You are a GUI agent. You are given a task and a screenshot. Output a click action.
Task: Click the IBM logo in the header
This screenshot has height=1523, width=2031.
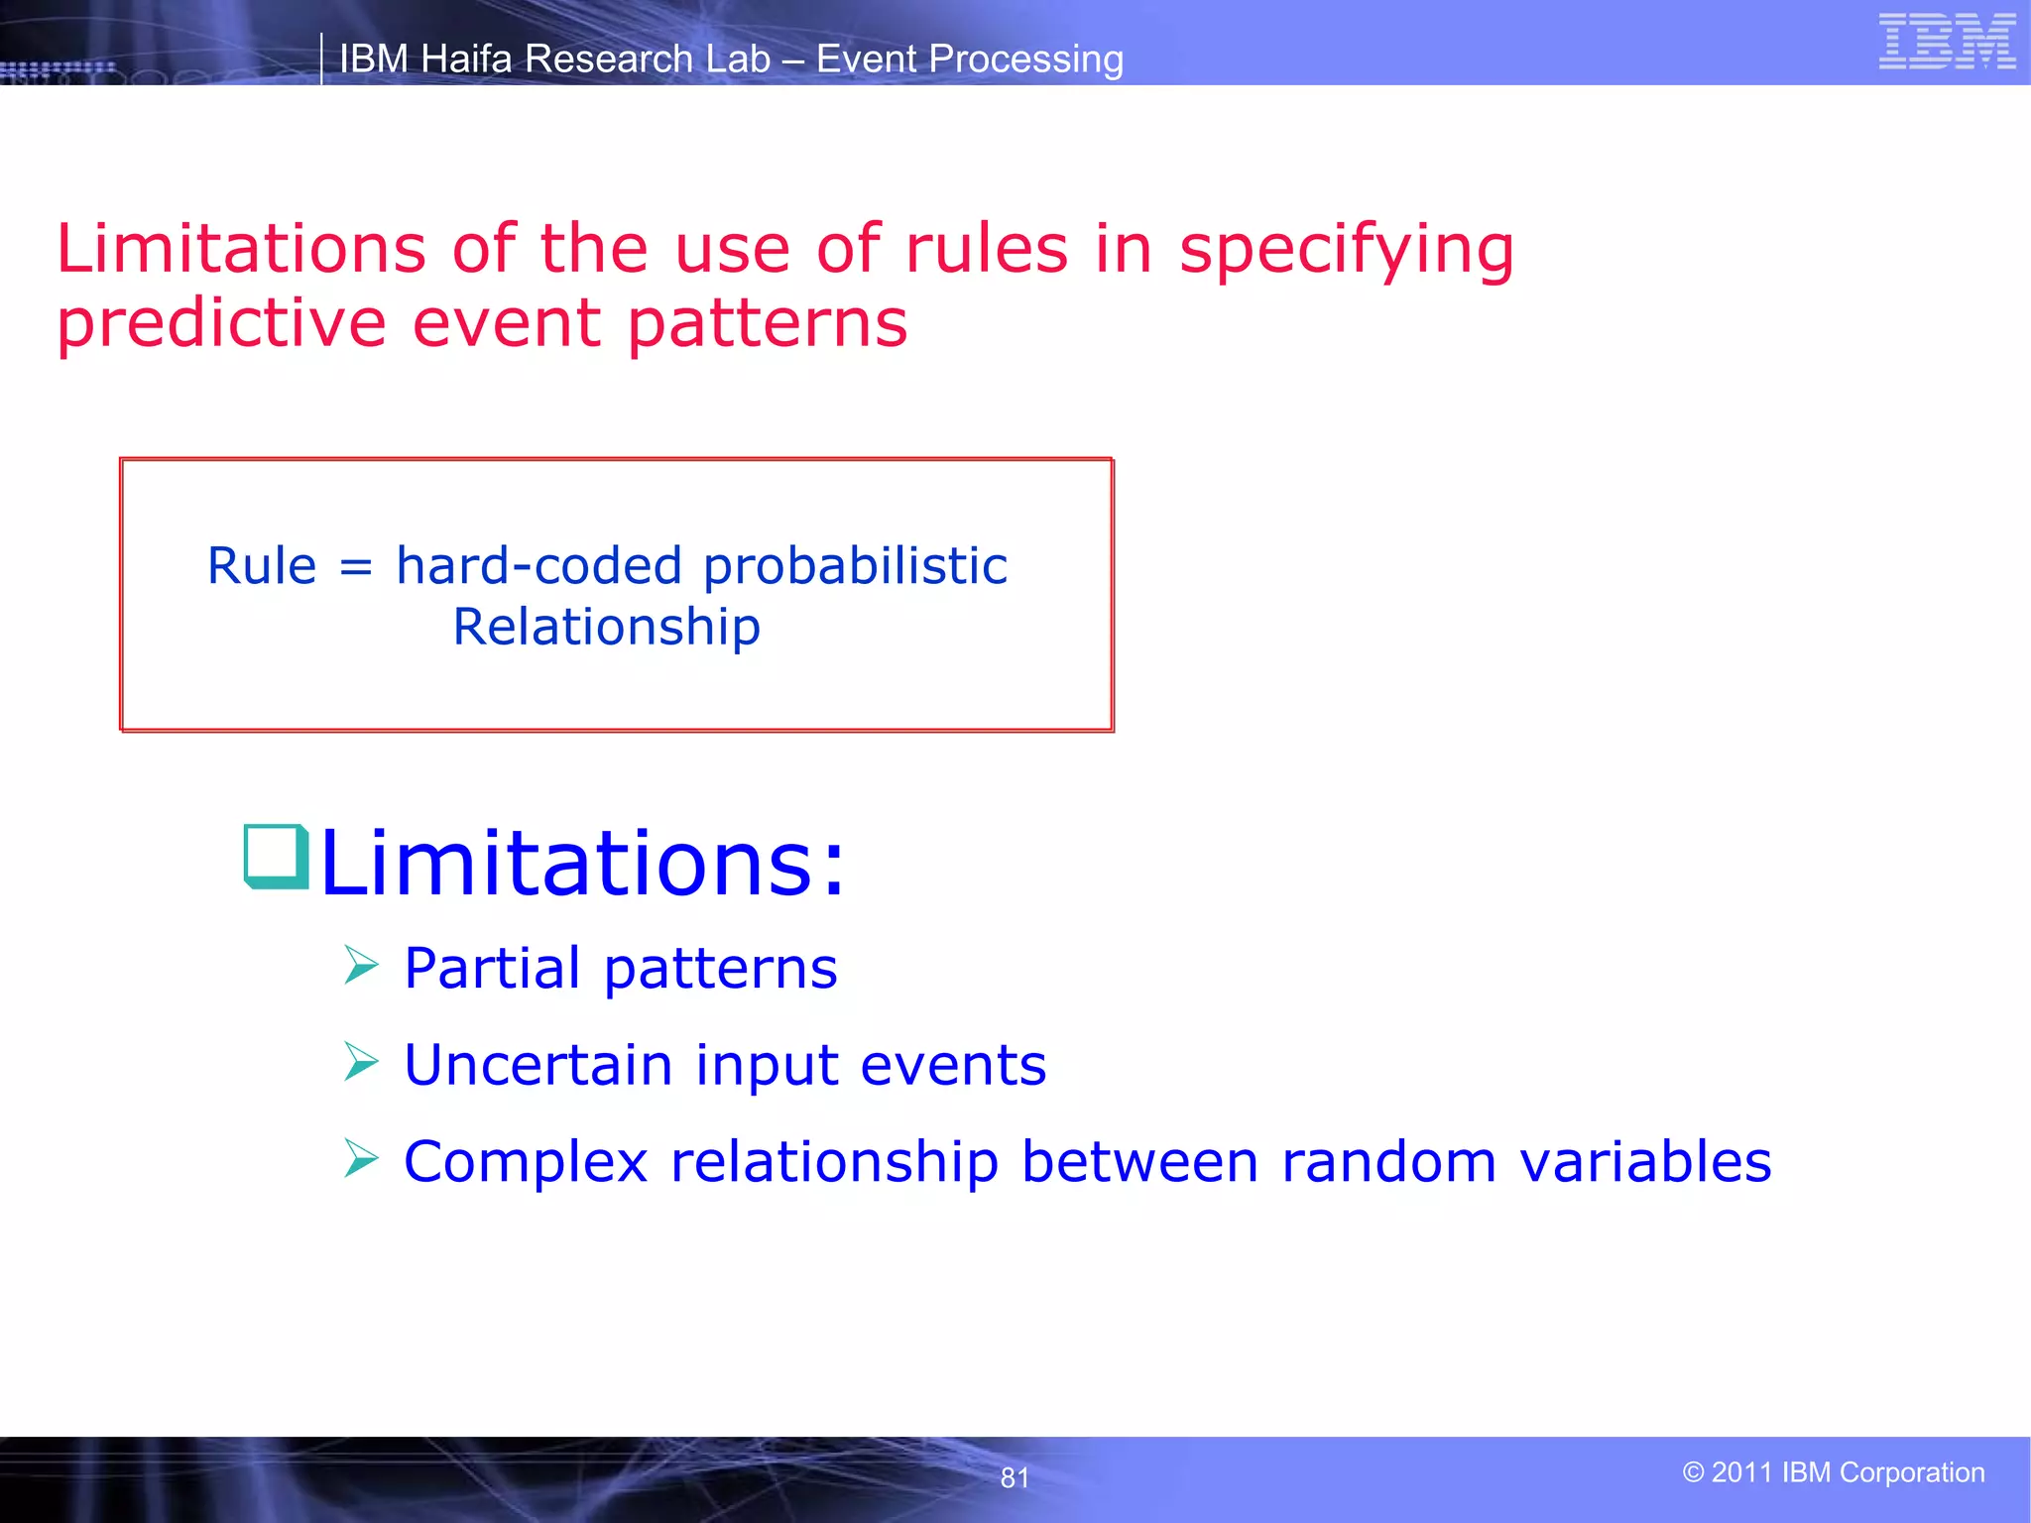(x=1947, y=42)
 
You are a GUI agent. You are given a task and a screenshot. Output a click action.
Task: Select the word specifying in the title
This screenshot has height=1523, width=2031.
(x=1346, y=250)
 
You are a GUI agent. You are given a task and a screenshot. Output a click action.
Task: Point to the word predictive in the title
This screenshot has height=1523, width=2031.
(x=220, y=324)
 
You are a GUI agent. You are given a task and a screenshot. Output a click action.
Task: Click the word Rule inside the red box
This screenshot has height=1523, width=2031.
(x=262, y=566)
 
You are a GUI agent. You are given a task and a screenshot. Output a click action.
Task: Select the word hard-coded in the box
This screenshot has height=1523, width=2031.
(x=538, y=566)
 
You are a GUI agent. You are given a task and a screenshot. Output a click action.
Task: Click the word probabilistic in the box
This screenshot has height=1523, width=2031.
(x=855, y=568)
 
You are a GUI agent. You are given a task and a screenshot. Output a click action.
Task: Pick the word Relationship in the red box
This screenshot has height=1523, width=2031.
(x=606, y=628)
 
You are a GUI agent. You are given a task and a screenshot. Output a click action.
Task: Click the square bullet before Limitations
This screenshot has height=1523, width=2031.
(x=276, y=856)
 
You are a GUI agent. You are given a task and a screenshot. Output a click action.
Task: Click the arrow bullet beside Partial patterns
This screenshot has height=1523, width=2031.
(x=361, y=965)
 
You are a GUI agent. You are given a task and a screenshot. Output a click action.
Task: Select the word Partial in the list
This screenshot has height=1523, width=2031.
(x=492, y=969)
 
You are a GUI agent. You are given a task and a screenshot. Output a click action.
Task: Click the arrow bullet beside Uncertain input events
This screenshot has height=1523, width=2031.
(x=361, y=1062)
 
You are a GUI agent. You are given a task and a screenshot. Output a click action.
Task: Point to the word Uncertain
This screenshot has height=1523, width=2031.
(x=538, y=1066)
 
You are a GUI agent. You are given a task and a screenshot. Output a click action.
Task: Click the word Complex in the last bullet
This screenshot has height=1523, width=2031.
(x=525, y=1162)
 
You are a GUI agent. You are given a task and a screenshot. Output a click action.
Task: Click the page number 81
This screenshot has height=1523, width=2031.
(x=1015, y=1477)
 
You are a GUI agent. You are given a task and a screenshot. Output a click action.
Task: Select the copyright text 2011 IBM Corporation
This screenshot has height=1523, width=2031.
(x=1834, y=1472)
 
